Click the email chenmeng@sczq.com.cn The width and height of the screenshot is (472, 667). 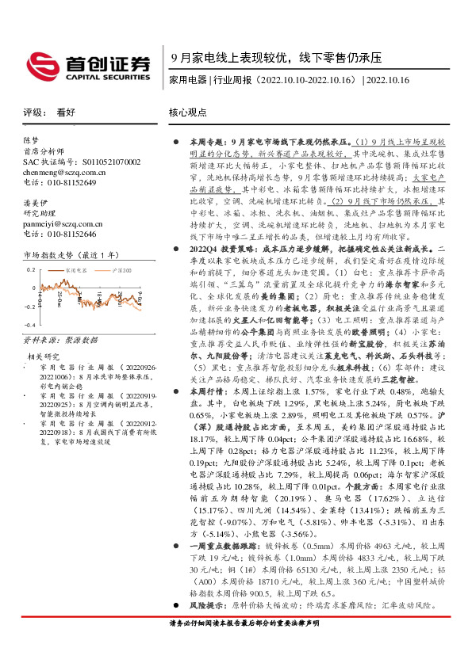click(59, 172)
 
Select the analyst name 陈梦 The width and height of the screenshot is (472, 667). click(31, 139)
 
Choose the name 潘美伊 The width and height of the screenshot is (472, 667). click(35, 203)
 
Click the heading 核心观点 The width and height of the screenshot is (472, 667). click(187, 112)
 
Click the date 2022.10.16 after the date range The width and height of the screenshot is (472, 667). click(387, 80)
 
